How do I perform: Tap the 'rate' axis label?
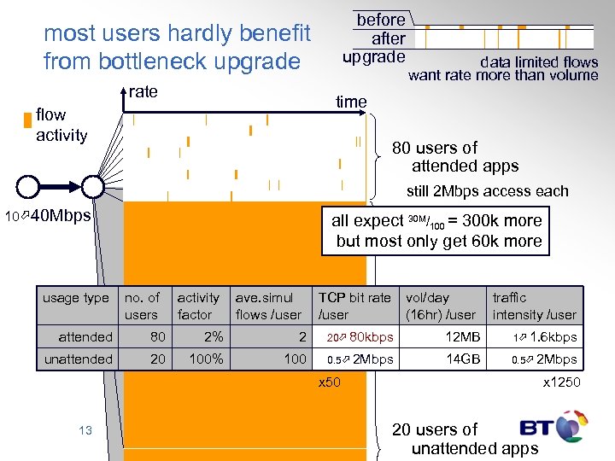coord(143,91)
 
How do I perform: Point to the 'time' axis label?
coord(351,102)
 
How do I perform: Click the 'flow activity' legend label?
coord(61,125)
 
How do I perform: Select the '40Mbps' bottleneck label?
coord(60,216)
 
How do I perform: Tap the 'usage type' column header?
coord(76,298)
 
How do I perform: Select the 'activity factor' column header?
coord(198,306)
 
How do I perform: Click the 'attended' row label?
coord(85,337)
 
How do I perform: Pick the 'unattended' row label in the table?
coord(79,359)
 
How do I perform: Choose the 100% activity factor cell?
coord(205,359)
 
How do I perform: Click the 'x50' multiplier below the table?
coord(329,382)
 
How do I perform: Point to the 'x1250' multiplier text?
coord(561,382)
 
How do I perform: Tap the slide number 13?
coord(85,430)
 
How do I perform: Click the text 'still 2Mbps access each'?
coord(487,191)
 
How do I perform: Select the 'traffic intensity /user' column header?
coord(534,306)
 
